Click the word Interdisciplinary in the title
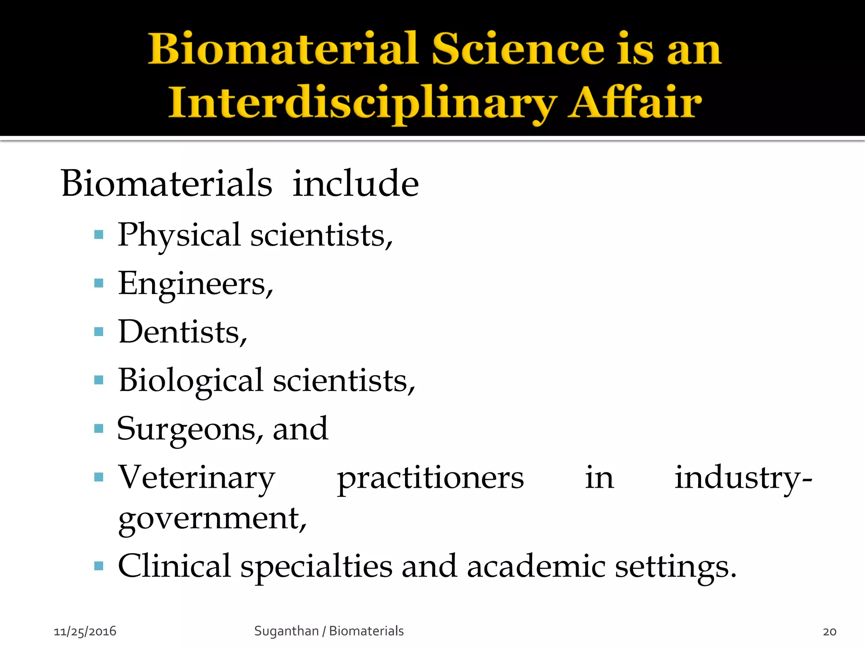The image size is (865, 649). click(x=362, y=103)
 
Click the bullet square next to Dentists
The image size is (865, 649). click(x=99, y=332)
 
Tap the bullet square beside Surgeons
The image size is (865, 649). click(x=99, y=429)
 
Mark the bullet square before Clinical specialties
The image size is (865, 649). click(x=99, y=566)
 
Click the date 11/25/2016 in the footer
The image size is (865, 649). click(x=85, y=631)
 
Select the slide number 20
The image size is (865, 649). click(x=830, y=632)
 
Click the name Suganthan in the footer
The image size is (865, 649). click(x=286, y=631)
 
